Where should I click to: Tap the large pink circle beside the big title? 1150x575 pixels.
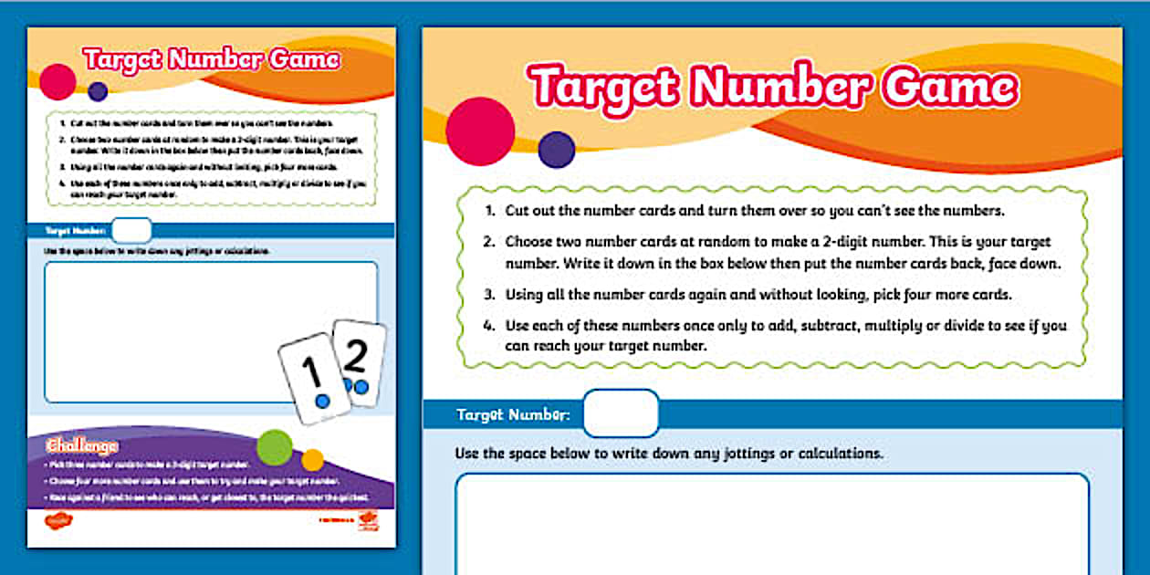click(x=480, y=131)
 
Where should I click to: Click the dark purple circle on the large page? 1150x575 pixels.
click(x=557, y=150)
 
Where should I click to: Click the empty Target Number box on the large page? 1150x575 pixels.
click(x=621, y=413)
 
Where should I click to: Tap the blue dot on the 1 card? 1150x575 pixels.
click(x=321, y=401)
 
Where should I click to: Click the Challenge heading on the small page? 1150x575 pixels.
click(x=82, y=446)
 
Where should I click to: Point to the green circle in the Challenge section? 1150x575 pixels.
click(x=275, y=447)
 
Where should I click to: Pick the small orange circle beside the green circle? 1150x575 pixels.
click(x=313, y=460)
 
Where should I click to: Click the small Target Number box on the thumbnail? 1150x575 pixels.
click(x=131, y=231)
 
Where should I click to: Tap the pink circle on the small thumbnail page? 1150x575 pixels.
click(x=57, y=82)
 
